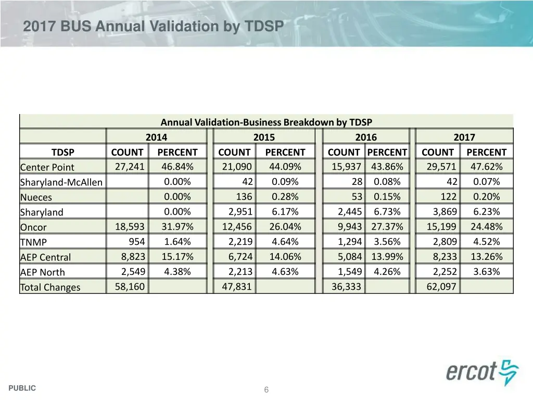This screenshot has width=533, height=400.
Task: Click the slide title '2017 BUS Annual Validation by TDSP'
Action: click(153, 26)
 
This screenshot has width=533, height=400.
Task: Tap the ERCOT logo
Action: click(482, 372)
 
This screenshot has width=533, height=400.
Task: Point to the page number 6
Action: click(266, 390)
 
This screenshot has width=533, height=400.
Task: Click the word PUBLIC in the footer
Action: click(22, 388)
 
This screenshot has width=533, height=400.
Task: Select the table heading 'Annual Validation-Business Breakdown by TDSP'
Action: click(266, 122)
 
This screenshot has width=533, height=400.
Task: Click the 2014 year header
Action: click(156, 137)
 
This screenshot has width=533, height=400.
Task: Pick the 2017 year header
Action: click(464, 137)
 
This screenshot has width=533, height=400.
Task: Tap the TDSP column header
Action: click(62, 152)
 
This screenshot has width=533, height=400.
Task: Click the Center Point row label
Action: click(47, 167)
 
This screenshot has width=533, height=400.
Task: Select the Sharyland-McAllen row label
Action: click(61, 182)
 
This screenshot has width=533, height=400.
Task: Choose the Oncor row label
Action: click(33, 227)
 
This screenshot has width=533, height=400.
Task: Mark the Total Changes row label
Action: click(50, 287)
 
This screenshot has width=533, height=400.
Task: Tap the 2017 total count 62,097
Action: click(441, 286)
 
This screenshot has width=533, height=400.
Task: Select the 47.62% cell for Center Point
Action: click(486, 167)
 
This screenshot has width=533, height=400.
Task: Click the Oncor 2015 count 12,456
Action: click(237, 227)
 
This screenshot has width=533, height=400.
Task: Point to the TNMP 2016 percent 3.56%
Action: click(387, 242)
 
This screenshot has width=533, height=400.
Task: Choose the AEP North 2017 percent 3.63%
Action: click(486, 271)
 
